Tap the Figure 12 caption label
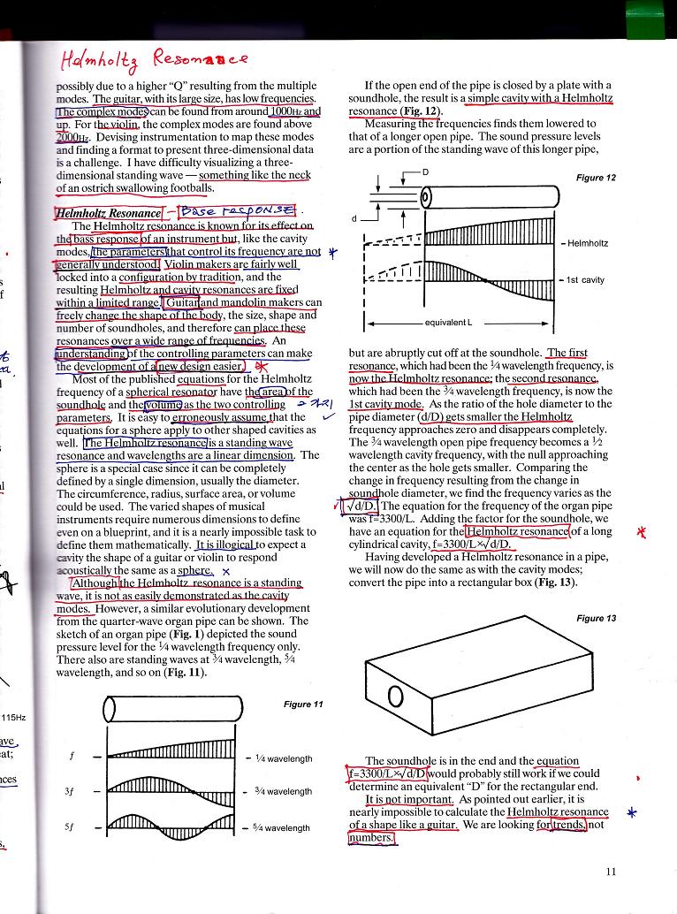(596, 178)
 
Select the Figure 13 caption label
(596, 619)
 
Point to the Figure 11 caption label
(303, 705)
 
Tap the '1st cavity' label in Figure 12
(585, 280)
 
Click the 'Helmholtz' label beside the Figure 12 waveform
(588, 243)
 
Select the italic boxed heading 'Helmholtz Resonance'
(109, 213)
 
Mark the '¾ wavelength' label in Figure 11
(283, 792)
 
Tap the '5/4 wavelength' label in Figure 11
(283, 828)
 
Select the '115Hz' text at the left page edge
(16, 717)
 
